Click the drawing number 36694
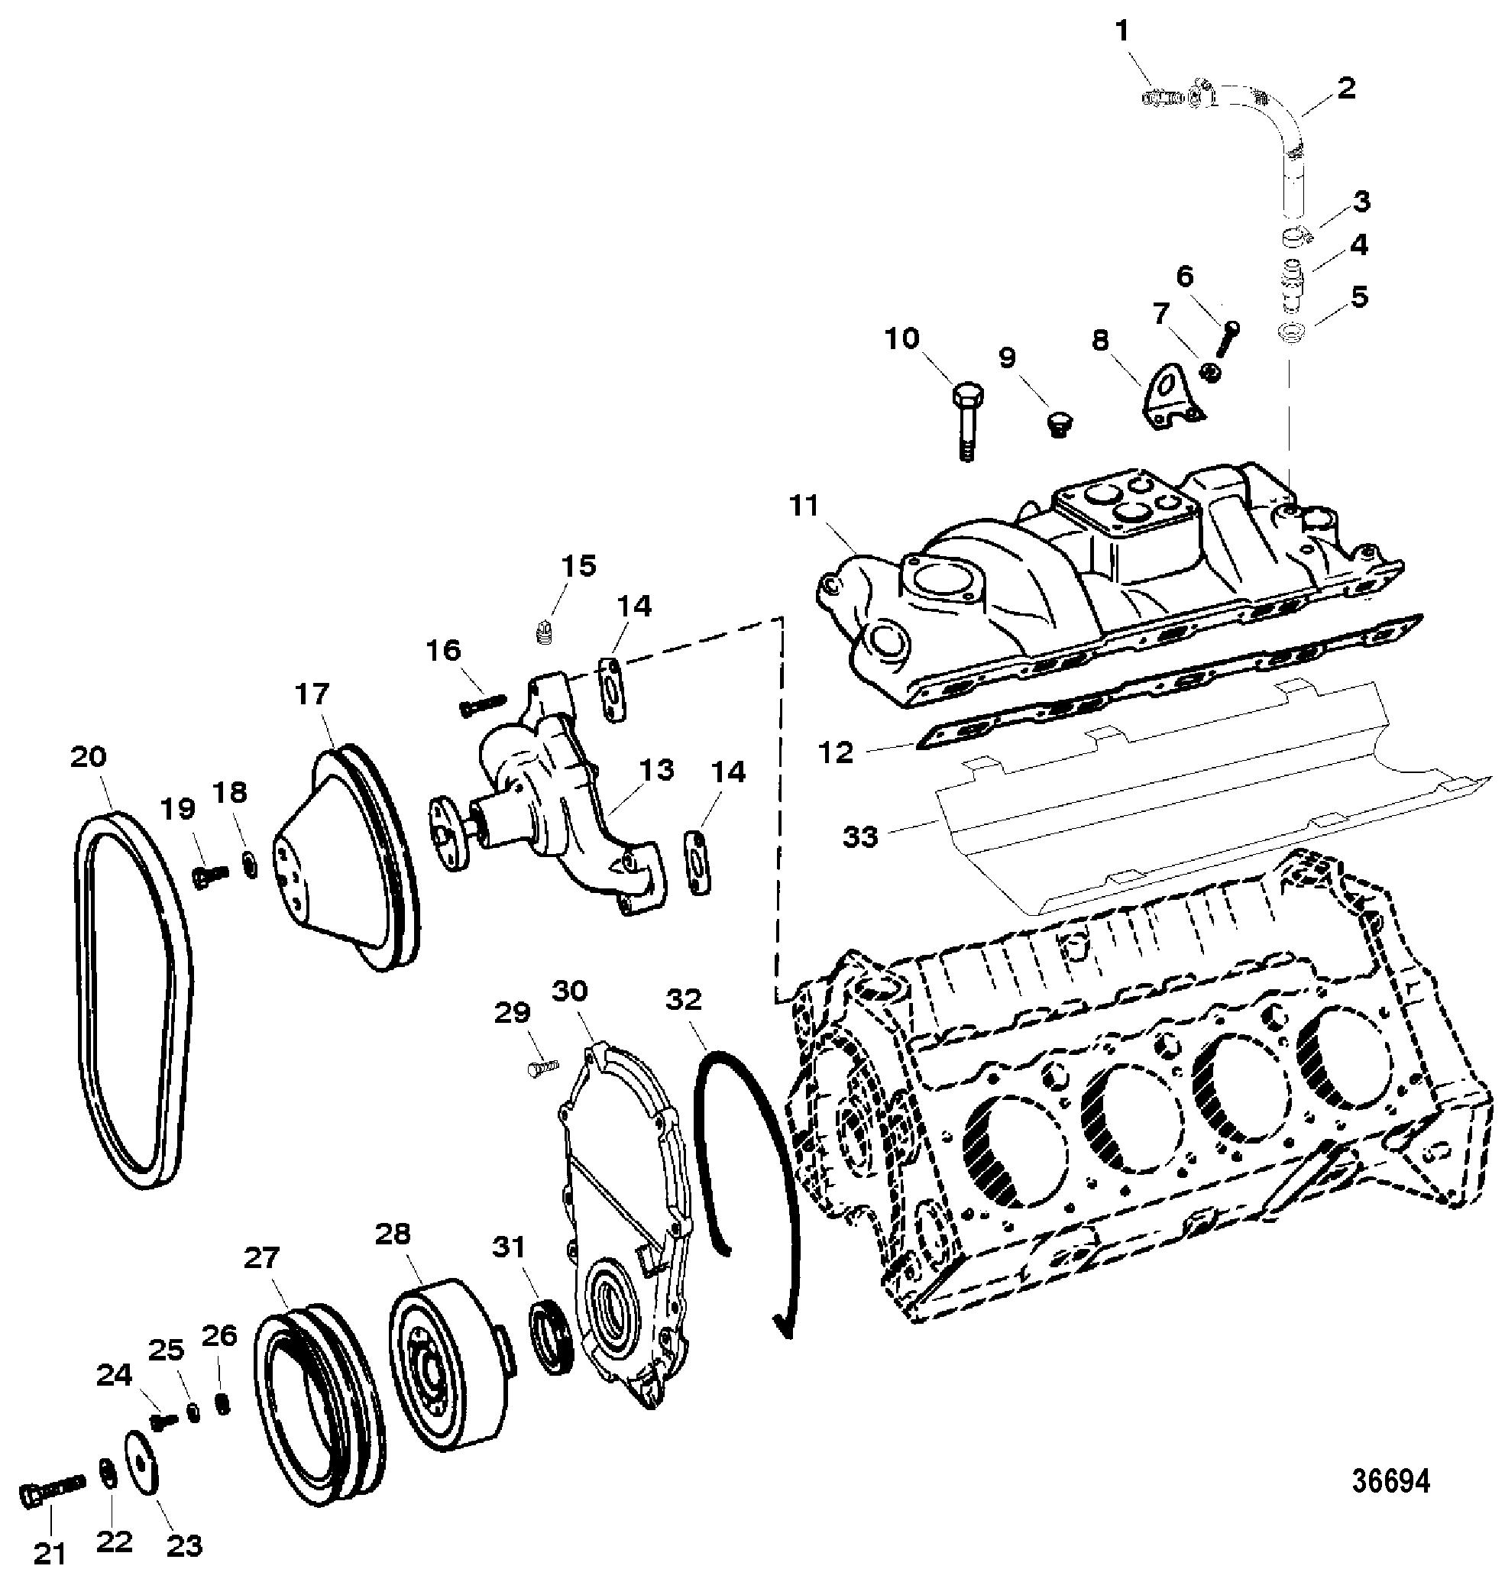(x=1390, y=1481)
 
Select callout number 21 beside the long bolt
(x=49, y=1553)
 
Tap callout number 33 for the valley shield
(x=860, y=837)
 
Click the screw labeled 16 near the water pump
(x=479, y=703)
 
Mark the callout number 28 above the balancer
(x=393, y=1234)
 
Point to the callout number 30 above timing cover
(x=570, y=992)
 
